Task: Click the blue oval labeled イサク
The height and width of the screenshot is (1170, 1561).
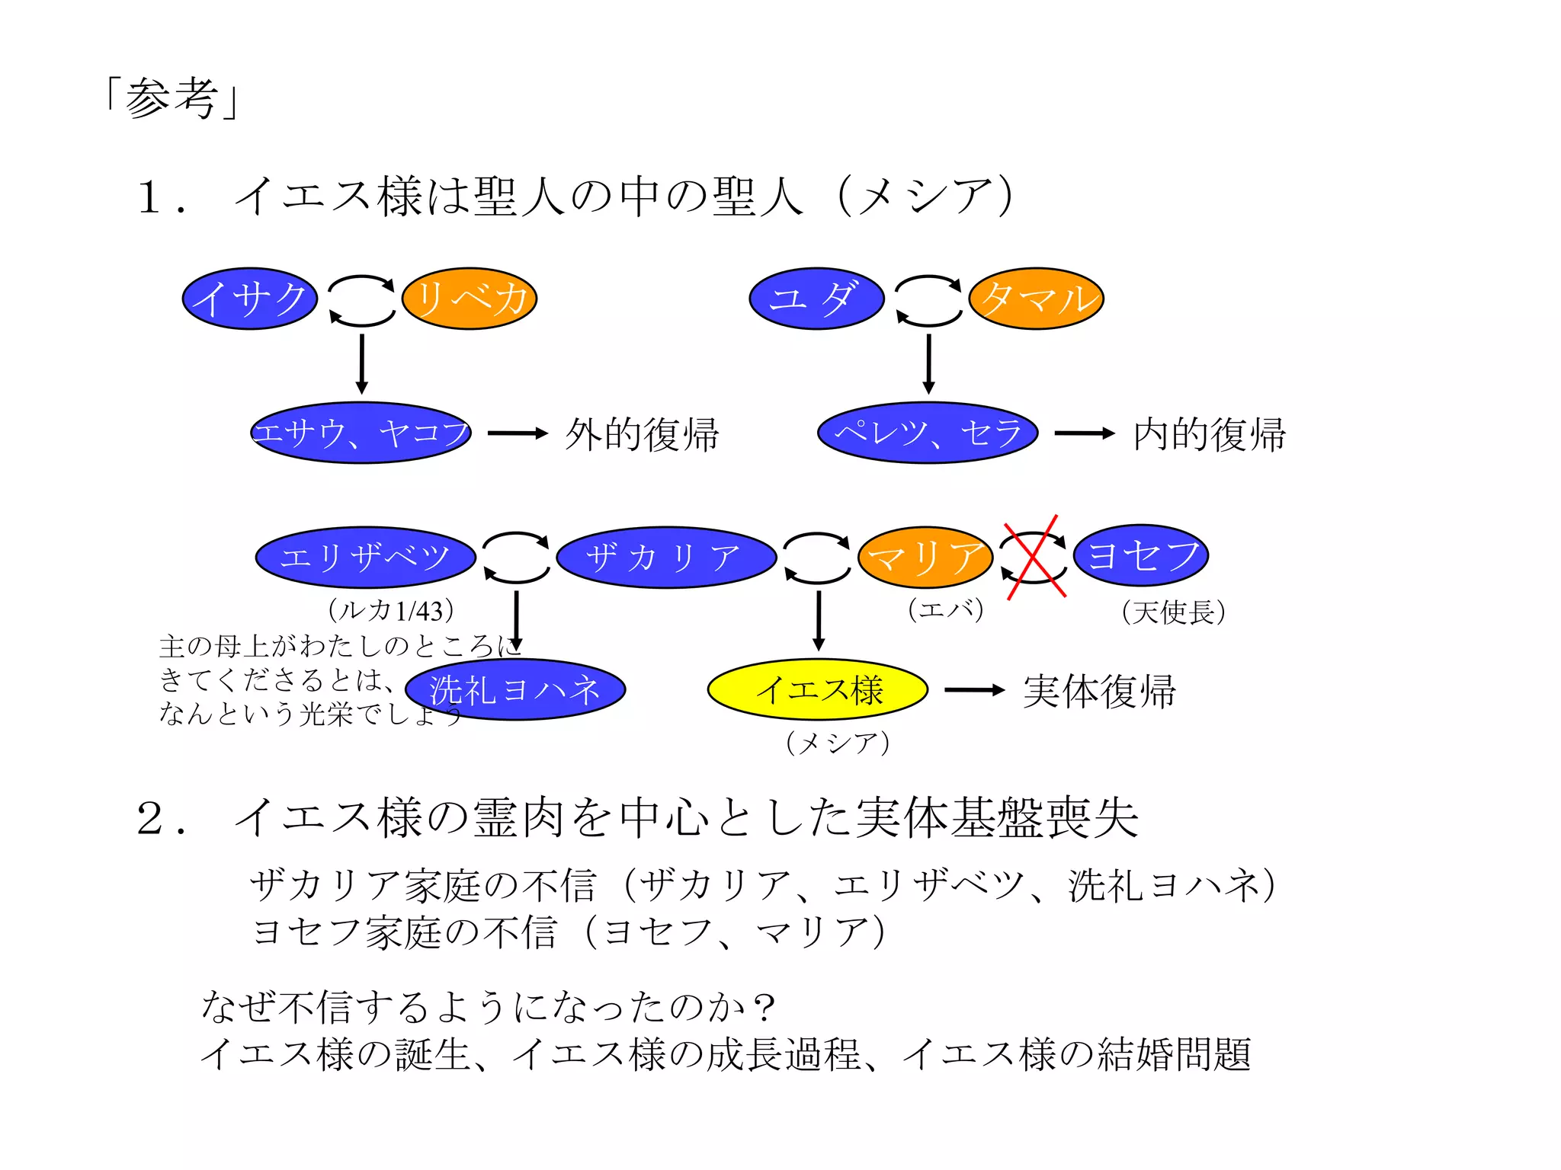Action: pyautogui.click(x=249, y=299)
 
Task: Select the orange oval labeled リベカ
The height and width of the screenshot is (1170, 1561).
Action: pyautogui.click(x=470, y=299)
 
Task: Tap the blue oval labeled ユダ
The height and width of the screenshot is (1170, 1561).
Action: pyautogui.click(x=816, y=299)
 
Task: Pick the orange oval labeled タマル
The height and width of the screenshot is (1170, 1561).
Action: pyautogui.click(x=1037, y=299)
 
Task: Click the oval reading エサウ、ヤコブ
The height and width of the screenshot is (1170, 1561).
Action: pyautogui.click(x=361, y=433)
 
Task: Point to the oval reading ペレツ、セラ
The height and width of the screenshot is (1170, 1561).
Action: pyautogui.click(x=928, y=433)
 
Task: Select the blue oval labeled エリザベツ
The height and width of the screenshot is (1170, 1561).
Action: pyautogui.click(x=365, y=557)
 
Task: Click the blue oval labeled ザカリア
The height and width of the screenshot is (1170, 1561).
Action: pyautogui.click(x=666, y=557)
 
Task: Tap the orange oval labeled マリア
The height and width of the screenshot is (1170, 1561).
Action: pyautogui.click(x=925, y=557)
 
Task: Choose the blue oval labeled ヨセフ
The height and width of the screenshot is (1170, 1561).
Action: pyautogui.click(x=1141, y=555)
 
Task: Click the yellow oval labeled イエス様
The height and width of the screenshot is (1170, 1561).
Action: pyautogui.click(x=818, y=690)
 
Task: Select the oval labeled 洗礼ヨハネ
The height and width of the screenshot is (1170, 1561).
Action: pyautogui.click(x=515, y=690)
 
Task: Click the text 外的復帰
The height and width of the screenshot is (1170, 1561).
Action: pyautogui.click(x=642, y=434)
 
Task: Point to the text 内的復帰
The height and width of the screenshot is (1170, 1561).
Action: pyautogui.click(x=1209, y=434)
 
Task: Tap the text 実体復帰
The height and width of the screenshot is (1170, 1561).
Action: pyautogui.click(x=1099, y=691)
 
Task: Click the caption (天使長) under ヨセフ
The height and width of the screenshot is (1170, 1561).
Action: pyautogui.click(x=1173, y=612)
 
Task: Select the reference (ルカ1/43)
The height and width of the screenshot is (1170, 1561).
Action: pyautogui.click(x=391, y=610)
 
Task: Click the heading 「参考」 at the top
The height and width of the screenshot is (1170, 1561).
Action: pyautogui.click(x=173, y=98)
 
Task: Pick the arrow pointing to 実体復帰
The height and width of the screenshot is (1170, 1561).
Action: pyautogui.click(x=975, y=690)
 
